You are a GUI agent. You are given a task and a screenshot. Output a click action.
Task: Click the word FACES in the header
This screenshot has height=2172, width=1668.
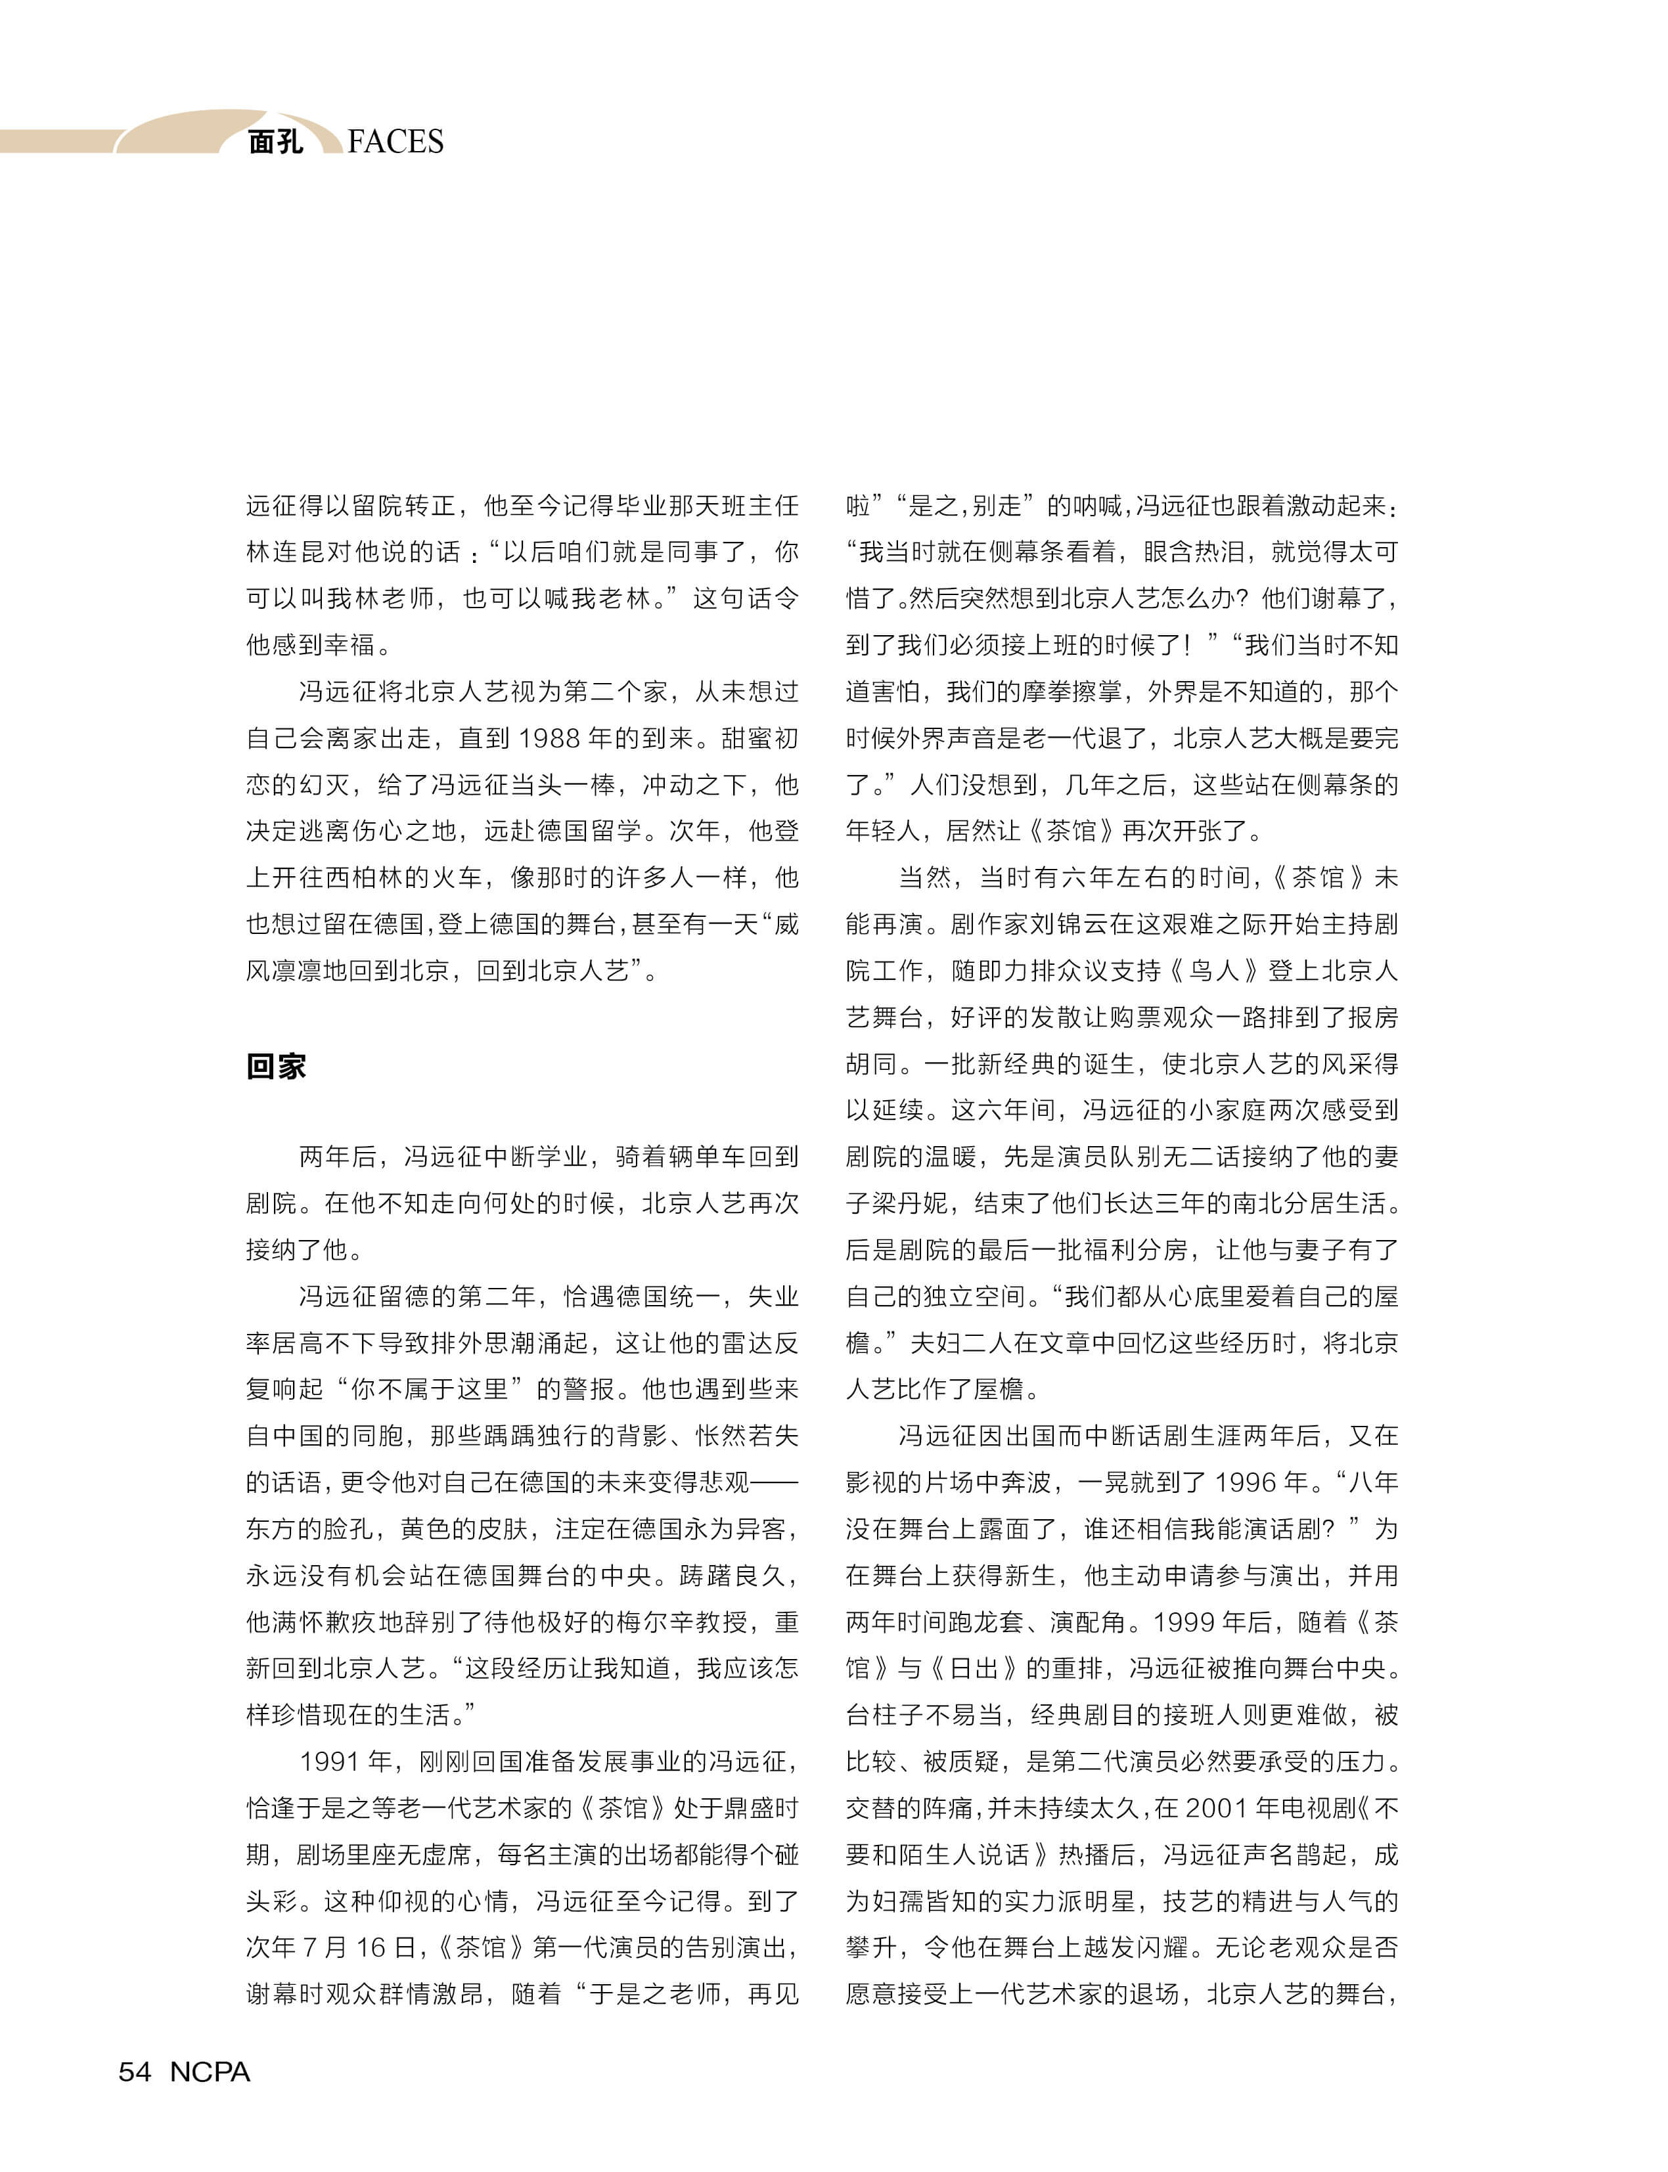pyautogui.click(x=395, y=142)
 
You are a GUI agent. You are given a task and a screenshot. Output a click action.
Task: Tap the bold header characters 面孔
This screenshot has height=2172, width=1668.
pyautogui.click(x=275, y=142)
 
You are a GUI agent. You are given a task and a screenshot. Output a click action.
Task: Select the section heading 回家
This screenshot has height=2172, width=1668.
pyautogui.click(x=276, y=1066)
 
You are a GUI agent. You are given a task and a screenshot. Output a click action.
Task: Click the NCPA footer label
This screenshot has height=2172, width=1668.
pyautogui.click(x=210, y=2072)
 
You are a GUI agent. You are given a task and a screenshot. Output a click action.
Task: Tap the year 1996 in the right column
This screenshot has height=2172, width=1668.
pyautogui.click(x=1244, y=1482)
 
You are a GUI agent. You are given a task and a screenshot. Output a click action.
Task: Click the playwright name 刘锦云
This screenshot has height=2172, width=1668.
pyautogui.click(x=1041, y=924)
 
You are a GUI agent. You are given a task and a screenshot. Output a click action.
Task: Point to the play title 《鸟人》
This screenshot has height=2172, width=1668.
pyautogui.click(x=1214, y=971)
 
